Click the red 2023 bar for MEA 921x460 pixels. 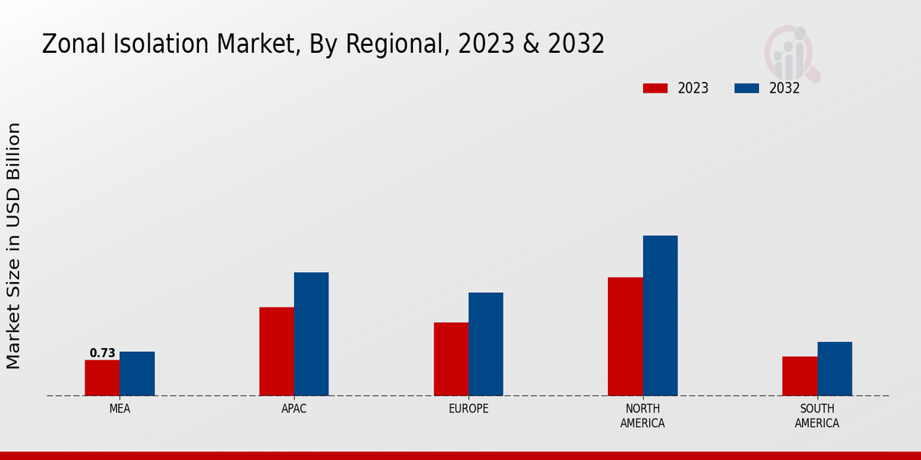102,378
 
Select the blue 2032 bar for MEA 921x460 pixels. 137,373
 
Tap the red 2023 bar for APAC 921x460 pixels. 276,351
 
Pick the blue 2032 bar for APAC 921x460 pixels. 312,333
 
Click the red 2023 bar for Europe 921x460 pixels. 451,359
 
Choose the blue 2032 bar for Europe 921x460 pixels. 486,343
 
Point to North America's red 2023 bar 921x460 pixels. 625,336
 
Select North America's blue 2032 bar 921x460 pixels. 660,315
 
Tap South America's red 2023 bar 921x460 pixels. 799,376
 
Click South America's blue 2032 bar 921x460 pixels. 834,369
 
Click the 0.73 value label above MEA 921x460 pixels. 102,353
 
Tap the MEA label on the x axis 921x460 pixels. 120,409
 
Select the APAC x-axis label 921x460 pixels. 294,409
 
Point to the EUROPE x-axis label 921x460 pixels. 468,409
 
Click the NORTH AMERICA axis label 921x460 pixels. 642,416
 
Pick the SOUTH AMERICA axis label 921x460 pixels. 817,416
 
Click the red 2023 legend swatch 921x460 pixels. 655,88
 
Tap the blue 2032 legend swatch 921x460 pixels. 747,88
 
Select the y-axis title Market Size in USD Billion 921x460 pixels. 14,245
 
